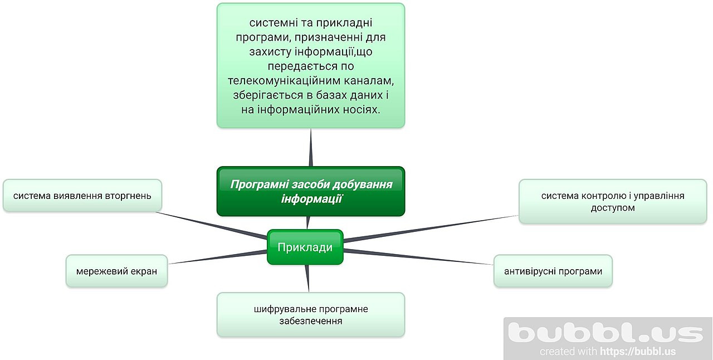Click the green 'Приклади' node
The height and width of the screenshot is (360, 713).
[x=305, y=247]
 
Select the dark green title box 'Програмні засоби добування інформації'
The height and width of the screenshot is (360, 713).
[x=310, y=191]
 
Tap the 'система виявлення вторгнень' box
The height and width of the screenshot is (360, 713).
[x=82, y=196]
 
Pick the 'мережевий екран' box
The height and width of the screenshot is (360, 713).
[x=116, y=271]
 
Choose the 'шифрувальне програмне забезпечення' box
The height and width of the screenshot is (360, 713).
[x=310, y=315]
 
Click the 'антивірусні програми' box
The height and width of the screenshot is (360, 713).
[x=553, y=271]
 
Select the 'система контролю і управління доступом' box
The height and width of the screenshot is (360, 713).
[x=612, y=202]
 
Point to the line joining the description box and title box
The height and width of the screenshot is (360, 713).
[x=310, y=148]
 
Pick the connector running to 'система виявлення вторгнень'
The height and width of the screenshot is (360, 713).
[x=212, y=225]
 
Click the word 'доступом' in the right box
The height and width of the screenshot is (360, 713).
[x=612, y=208]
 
